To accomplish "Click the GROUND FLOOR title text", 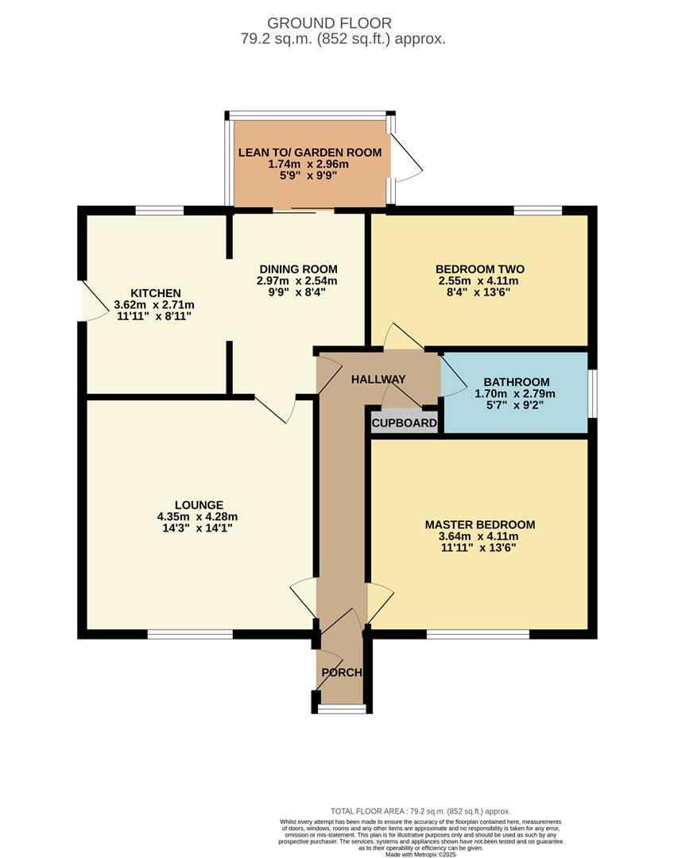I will tap(329, 23).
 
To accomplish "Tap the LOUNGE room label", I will tap(199, 504).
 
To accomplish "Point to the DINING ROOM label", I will tap(296, 269).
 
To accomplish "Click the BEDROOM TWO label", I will tap(479, 269).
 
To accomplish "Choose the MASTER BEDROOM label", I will tap(479, 524).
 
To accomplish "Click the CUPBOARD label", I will tap(405, 423).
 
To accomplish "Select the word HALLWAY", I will tap(378, 379).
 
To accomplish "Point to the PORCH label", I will tap(341, 672).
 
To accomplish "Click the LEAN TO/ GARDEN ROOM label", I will tap(309, 153).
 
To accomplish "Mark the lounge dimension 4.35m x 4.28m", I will tap(199, 516).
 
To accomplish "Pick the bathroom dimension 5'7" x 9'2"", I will tap(514, 404).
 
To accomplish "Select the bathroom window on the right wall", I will tap(592, 393).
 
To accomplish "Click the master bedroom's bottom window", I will tap(478, 634).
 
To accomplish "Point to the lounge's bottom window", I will tap(190, 634).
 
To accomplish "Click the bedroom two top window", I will tap(537, 211).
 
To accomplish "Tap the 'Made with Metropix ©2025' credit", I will tap(420, 854).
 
